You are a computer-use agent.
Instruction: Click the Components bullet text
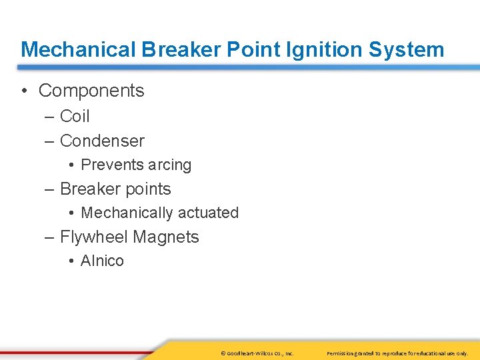[x=91, y=91]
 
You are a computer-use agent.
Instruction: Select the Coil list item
[x=75, y=116]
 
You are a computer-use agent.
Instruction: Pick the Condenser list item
[x=102, y=141]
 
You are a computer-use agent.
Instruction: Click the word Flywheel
[x=94, y=237]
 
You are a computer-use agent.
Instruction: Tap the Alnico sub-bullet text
[x=102, y=261]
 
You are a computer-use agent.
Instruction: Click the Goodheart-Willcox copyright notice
[x=257, y=353]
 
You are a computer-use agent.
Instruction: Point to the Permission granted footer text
[x=397, y=353]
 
